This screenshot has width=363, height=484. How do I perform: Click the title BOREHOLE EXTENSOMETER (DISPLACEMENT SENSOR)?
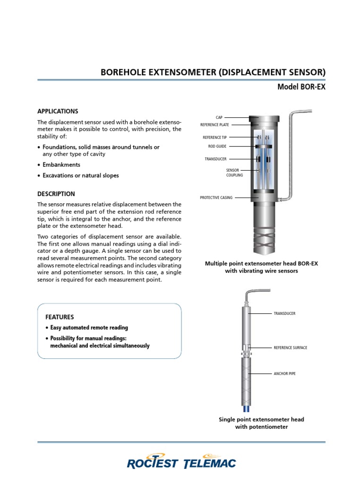coord(213,72)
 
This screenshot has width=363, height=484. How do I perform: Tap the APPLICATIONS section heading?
coord(58,112)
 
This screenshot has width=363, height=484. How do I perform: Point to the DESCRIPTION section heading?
coord(56,194)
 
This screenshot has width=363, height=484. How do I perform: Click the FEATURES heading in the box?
coord(60,317)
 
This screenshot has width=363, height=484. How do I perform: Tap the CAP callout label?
coord(219,117)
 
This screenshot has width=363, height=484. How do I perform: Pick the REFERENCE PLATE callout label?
coord(215,125)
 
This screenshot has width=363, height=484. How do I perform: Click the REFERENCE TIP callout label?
coord(215,138)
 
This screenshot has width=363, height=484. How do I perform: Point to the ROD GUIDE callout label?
coord(217,146)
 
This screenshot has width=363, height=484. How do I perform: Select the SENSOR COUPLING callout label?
coord(234,173)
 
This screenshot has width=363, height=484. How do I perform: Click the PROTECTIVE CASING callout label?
coord(216,198)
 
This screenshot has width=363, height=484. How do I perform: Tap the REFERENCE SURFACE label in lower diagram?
coord(290,347)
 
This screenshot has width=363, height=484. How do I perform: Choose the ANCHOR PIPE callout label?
coord(285,373)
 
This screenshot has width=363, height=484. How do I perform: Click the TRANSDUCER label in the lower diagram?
coord(285,313)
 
